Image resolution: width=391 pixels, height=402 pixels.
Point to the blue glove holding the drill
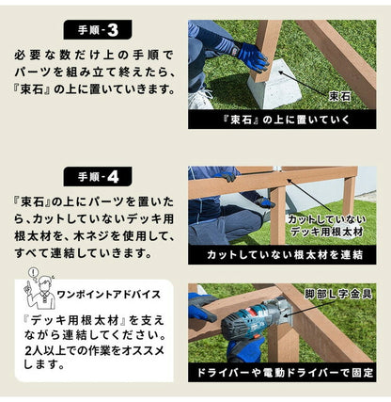click(203, 306)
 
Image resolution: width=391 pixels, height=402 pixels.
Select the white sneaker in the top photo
click(200, 98)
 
